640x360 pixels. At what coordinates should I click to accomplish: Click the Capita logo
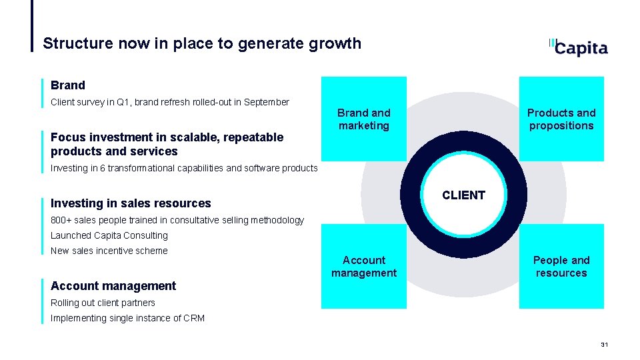click(577, 47)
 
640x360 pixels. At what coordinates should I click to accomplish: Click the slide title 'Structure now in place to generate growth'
click(202, 44)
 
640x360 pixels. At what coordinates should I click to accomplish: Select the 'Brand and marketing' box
click(363, 119)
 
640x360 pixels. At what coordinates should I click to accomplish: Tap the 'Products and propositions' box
click(561, 119)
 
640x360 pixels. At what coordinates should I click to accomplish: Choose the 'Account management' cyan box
click(363, 266)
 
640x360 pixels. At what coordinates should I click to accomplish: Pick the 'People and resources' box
click(561, 266)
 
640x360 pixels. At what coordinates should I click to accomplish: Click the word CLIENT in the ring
click(463, 195)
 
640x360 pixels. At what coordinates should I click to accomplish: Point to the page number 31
click(605, 345)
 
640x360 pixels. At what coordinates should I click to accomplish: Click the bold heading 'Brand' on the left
click(68, 85)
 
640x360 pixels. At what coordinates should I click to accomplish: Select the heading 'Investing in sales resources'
click(131, 203)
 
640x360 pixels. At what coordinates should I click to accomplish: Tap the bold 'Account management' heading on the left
click(113, 286)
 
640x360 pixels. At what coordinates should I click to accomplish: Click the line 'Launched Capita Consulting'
click(109, 235)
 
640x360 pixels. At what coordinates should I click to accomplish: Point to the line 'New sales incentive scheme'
click(109, 251)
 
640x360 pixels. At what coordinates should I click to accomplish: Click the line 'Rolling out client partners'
click(103, 303)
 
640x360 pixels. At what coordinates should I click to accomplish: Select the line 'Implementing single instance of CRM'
click(127, 318)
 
